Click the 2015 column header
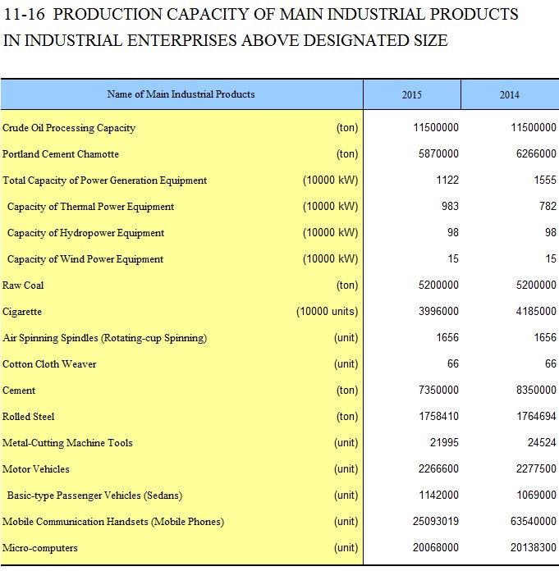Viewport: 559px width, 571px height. [411, 94]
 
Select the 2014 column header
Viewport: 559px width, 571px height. [509, 94]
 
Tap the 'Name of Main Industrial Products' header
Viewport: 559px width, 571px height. [181, 94]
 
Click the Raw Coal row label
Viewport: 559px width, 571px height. [23, 285]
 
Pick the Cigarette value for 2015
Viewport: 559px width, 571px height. [438, 312]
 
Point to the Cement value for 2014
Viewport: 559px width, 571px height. [536, 390]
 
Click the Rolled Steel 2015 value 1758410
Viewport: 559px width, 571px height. [438, 416]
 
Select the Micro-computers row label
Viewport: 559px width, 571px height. [40, 548]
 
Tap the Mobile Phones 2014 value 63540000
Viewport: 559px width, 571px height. [533, 521]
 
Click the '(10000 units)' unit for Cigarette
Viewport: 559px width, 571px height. [328, 312]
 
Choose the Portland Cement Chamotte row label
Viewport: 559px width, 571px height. [61, 154]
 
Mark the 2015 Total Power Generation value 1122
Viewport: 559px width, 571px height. [447, 180]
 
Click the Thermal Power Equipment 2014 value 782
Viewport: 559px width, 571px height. [548, 207]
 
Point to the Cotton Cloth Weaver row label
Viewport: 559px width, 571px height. [49, 364]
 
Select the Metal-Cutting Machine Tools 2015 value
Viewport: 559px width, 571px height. [444, 442]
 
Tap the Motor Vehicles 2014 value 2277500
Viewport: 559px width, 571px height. [536, 468]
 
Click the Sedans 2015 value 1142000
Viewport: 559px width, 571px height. [438, 495]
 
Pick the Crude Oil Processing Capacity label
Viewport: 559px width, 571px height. [69, 128]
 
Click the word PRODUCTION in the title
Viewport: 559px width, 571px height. [108, 14]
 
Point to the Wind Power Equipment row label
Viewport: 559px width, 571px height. [85, 259]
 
